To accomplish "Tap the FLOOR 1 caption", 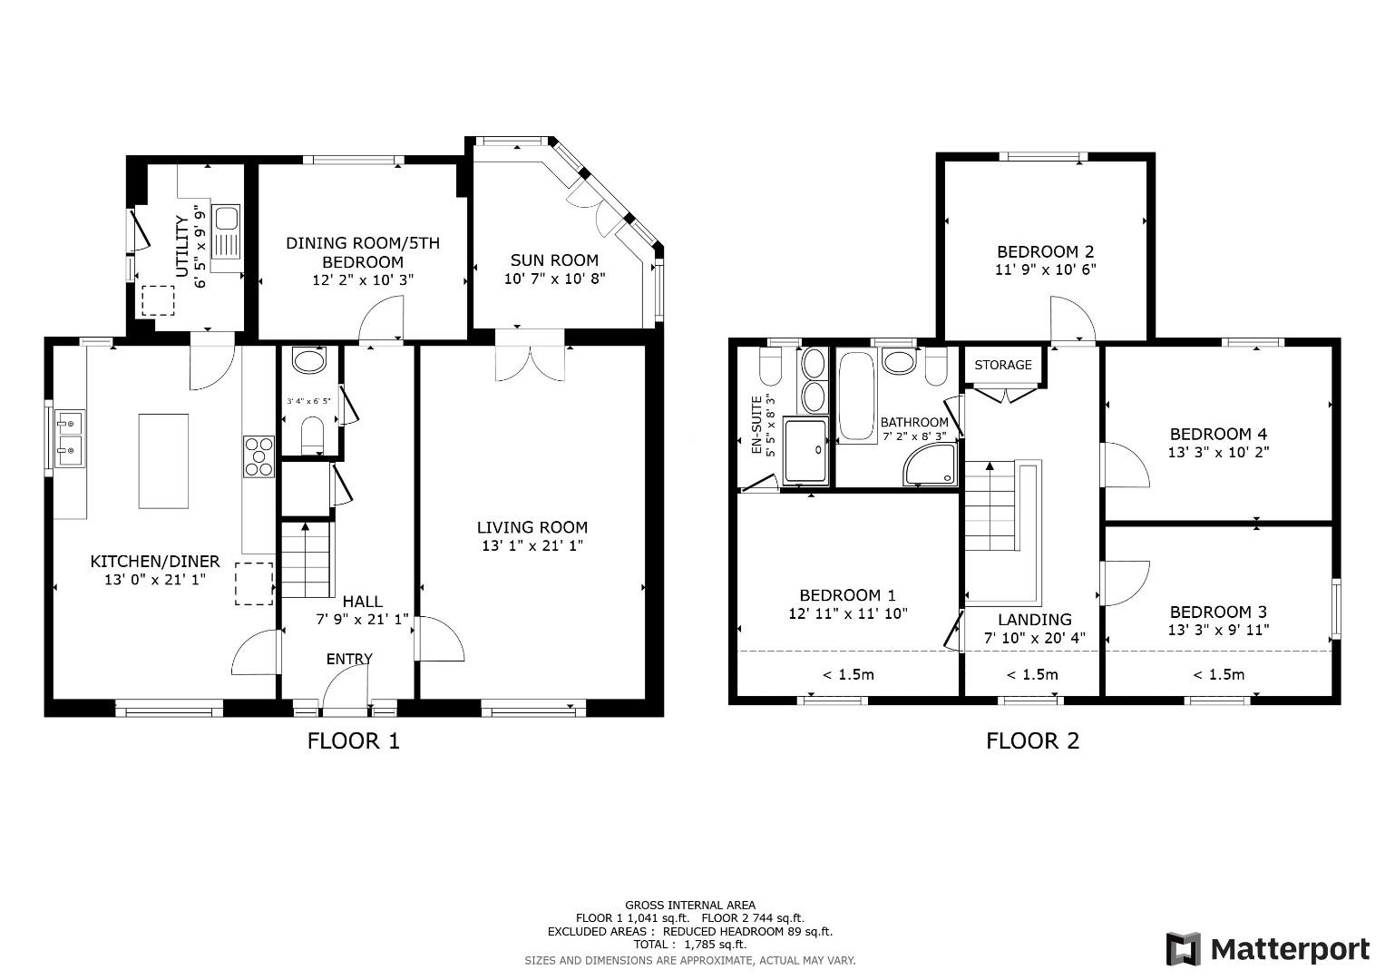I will [353, 740].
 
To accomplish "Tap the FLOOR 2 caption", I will [1032, 740].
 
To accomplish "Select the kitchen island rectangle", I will [163, 461].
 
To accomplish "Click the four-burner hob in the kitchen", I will [258, 456].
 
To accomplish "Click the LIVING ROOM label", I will [532, 527].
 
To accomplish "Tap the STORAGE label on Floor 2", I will [1002, 365].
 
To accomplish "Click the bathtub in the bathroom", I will [856, 397].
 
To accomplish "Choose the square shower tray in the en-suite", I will [805, 450].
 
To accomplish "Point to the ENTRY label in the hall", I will [349, 659].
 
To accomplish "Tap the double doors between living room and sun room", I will [532, 356].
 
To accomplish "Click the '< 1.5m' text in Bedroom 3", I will [1218, 674].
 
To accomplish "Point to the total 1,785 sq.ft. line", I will [689, 944].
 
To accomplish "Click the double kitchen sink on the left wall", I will [70, 436].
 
